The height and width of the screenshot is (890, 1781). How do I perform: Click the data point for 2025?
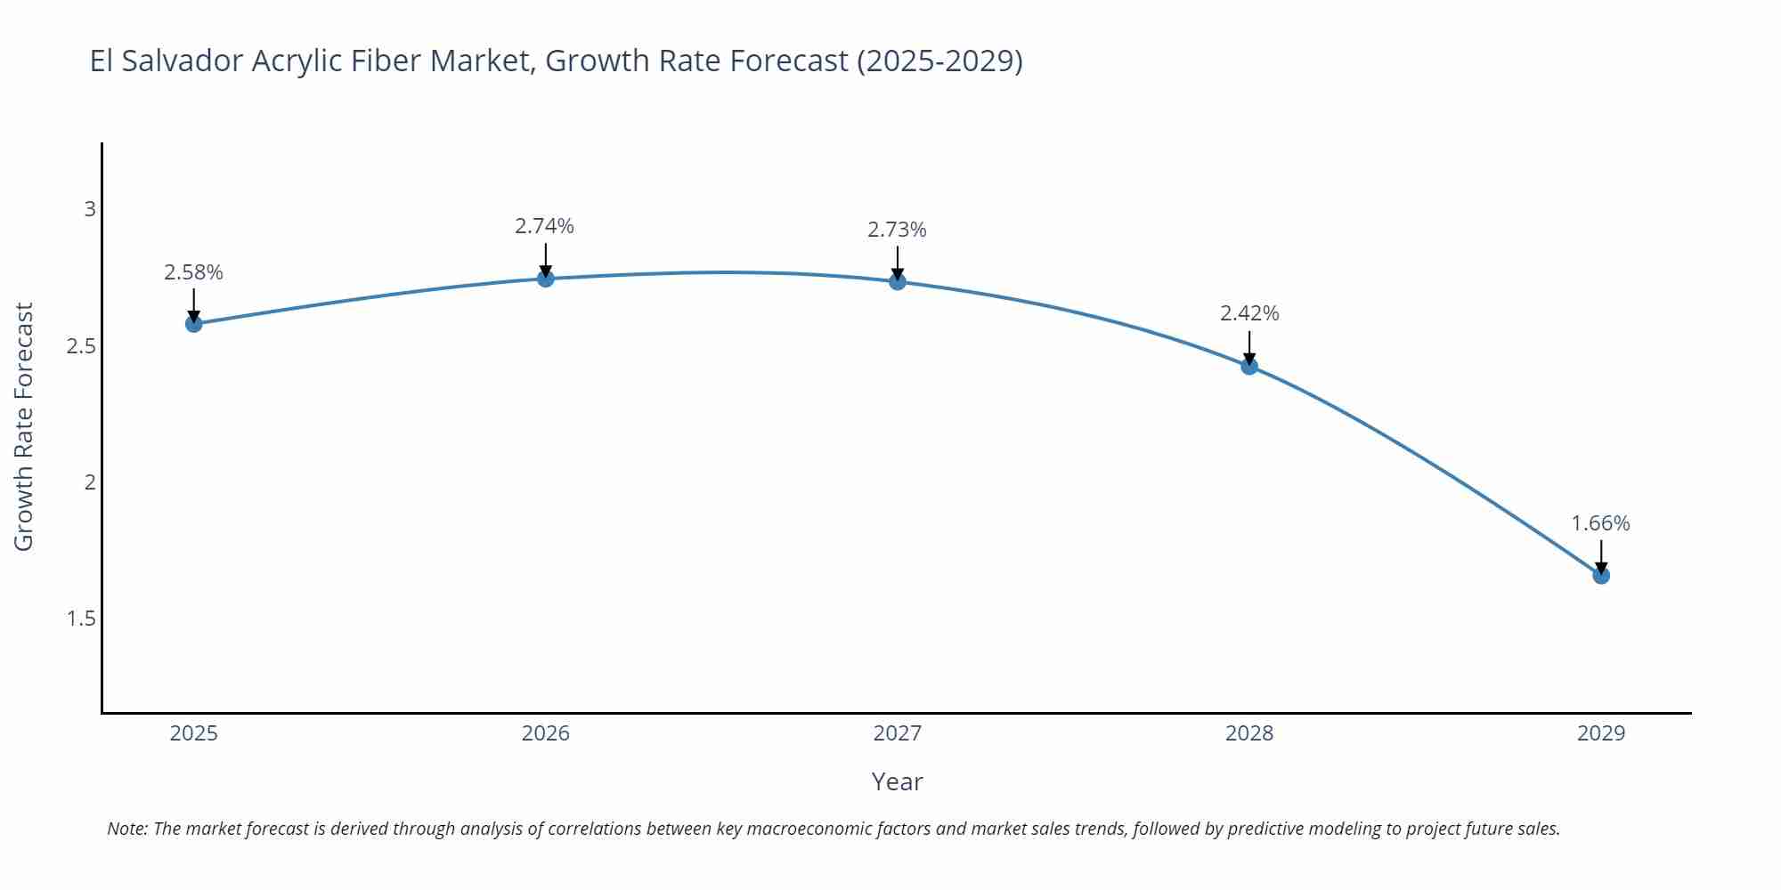coord(193,323)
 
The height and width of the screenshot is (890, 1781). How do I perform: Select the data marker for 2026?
coord(545,279)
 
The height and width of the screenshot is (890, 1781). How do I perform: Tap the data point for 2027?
coord(897,281)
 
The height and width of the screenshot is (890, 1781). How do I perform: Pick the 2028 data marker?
coord(1248,366)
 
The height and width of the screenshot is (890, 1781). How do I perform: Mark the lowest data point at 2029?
coord(1600,575)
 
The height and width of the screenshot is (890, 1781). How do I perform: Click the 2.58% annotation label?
coord(193,272)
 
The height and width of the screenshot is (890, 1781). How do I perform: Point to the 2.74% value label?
coord(544,226)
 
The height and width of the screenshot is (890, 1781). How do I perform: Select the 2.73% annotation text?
coord(897,230)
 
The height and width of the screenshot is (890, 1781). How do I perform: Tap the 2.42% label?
coord(1248,313)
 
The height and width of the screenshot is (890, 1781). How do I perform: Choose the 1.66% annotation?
coord(1599,523)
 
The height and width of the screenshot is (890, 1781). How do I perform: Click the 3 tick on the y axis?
coord(89,209)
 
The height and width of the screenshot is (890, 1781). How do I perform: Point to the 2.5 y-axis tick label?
coord(81,346)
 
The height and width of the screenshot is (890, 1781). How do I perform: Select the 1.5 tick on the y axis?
coord(81,619)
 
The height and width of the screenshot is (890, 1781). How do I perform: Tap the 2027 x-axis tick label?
coord(897,733)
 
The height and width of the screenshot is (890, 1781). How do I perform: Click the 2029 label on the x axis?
coord(1600,733)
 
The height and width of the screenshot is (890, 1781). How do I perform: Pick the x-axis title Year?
coord(897,781)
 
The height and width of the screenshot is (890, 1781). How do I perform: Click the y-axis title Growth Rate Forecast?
coord(24,427)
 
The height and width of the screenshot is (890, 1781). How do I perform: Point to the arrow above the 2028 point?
coord(1248,347)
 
